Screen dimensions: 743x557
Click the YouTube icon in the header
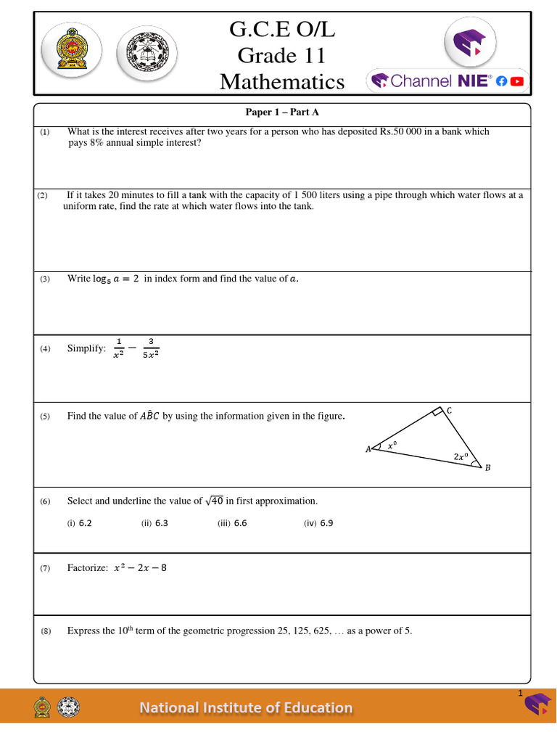(x=516, y=82)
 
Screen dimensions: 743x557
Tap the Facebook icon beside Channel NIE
(x=501, y=82)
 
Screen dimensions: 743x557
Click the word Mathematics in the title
(x=282, y=81)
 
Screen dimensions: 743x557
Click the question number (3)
(x=45, y=279)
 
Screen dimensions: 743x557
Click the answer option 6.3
(x=161, y=522)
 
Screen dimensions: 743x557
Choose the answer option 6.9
(x=326, y=522)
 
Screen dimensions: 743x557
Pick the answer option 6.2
(x=85, y=522)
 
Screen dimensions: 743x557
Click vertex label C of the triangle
(x=449, y=411)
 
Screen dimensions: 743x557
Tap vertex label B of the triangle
(x=487, y=468)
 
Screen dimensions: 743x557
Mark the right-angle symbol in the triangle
(x=436, y=413)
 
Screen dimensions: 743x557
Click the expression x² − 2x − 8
(x=140, y=567)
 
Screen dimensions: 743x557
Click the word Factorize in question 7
(x=88, y=567)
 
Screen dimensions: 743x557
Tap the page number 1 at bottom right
(x=520, y=694)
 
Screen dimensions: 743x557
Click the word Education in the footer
(x=316, y=707)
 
